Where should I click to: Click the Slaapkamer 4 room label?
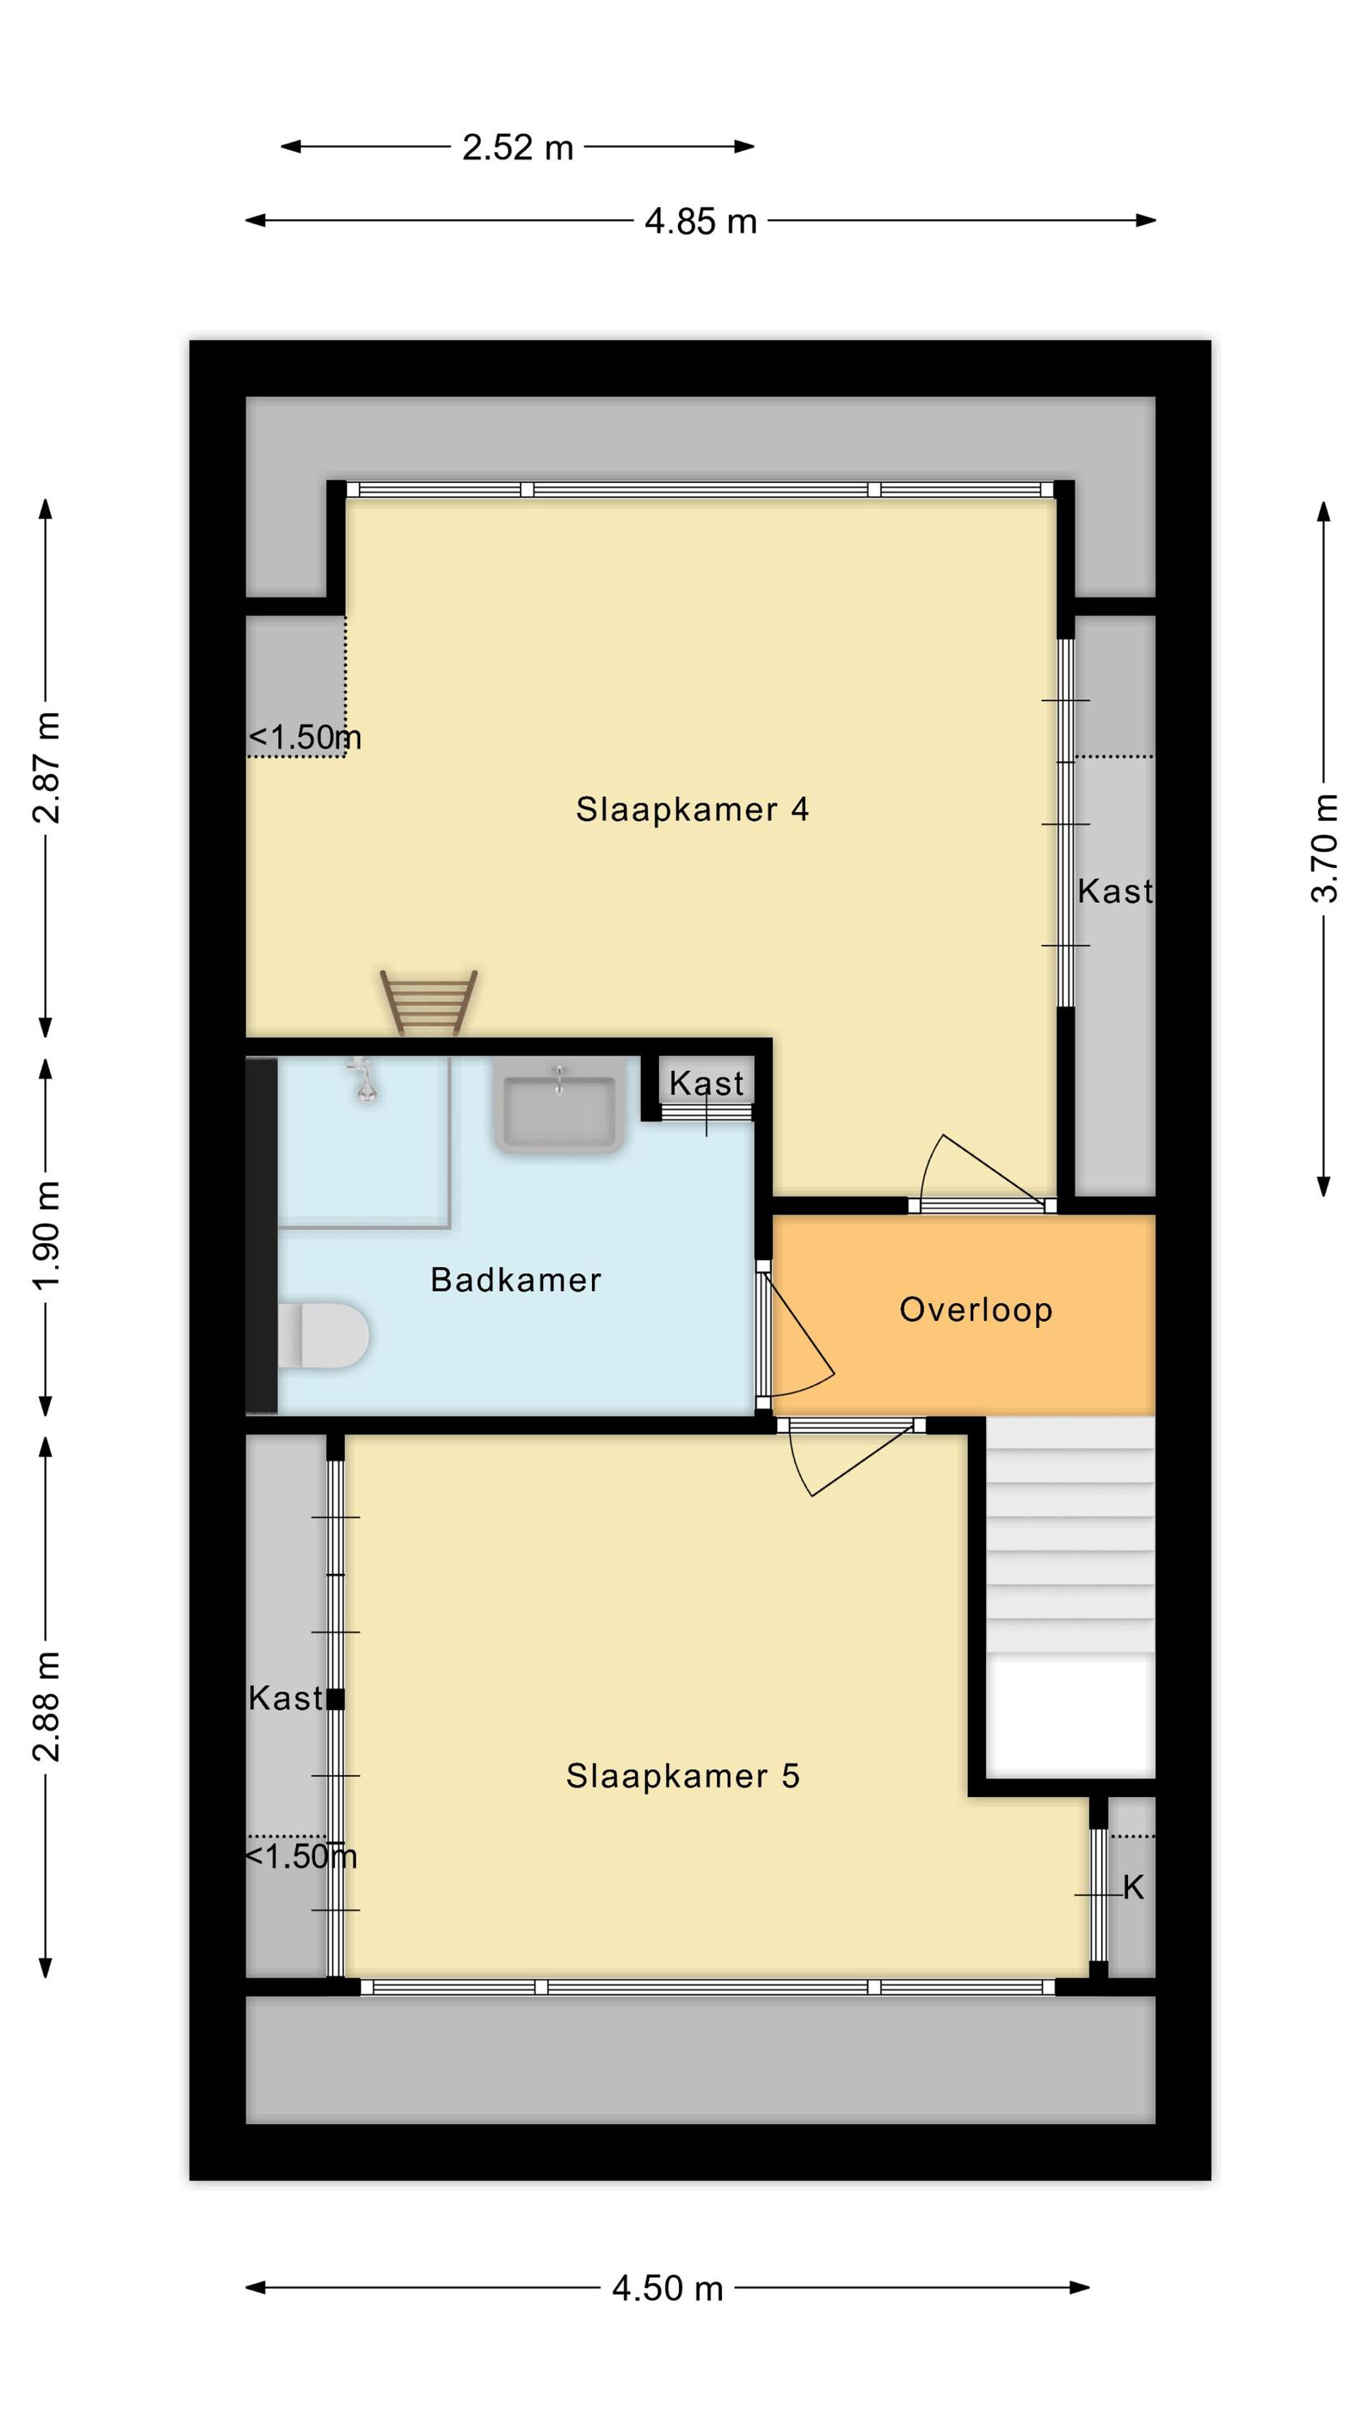click(692, 810)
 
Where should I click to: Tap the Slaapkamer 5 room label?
click(682, 1776)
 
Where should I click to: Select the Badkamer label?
click(516, 1280)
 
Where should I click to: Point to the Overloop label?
click(975, 1310)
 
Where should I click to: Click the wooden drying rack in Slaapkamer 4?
click(428, 1003)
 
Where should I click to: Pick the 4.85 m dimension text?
click(700, 222)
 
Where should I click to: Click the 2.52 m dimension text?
click(517, 148)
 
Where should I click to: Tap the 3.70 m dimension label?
click(1324, 849)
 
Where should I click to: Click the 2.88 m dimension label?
click(46, 1706)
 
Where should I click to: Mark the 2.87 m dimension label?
click(46, 768)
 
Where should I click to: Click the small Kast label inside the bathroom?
click(706, 1084)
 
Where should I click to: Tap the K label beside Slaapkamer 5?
click(1133, 1888)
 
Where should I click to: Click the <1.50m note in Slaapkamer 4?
click(304, 737)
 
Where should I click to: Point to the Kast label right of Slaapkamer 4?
click(1115, 891)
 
